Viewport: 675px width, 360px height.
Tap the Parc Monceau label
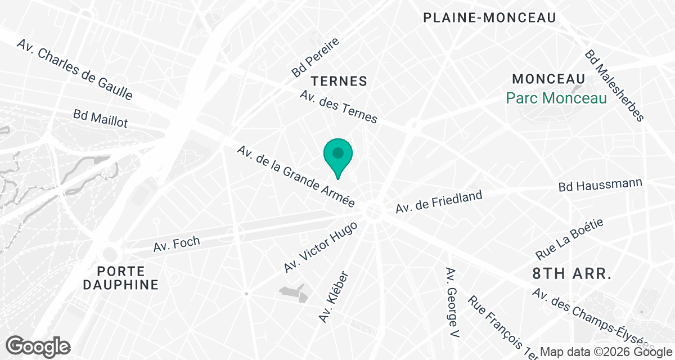pyautogui.click(x=556, y=98)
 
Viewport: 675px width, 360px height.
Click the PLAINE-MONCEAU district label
pyautogui.click(x=489, y=18)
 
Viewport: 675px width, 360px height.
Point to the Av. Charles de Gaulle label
pyautogui.click(x=75, y=70)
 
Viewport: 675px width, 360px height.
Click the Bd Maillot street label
pyautogui.click(x=101, y=118)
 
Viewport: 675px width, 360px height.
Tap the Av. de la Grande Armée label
pyautogui.click(x=296, y=177)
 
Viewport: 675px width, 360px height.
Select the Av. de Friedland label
pyautogui.click(x=439, y=202)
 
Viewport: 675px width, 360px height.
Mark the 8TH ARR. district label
pyautogui.click(x=571, y=274)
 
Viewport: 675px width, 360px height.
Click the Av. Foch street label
pyautogui.click(x=177, y=245)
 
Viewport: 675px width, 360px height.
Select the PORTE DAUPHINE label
pyautogui.click(x=121, y=277)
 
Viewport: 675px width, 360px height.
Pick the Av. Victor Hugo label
pyautogui.click(x=320, y=247)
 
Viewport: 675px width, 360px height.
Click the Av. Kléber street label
pyautogui.click(x=334, y=297)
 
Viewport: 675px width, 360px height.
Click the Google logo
pyautogui.click(x=39, y=345)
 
